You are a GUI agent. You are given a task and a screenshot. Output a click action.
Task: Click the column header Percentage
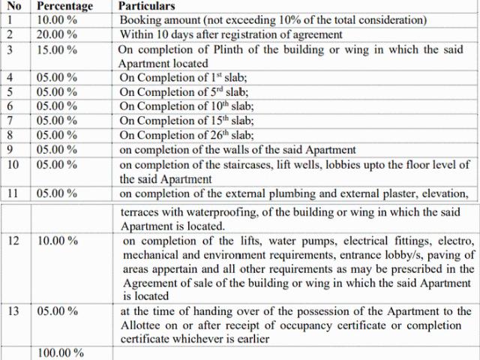[x=66, y=5]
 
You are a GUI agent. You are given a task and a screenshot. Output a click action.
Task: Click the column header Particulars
[x=148, y=5]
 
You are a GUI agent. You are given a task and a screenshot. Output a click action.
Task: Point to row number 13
[x=13, y=311]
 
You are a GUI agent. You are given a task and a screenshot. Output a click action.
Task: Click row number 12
[x=13, y=241]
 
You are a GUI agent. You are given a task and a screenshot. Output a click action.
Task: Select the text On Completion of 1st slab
[x=177, y=78]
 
